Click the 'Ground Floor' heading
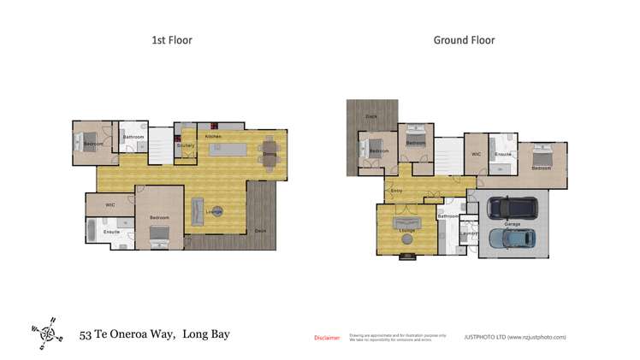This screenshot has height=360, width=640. pyautogui.click(x=464, y=40)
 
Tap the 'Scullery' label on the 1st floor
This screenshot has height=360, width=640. pyautogui.click(x=186, y=145)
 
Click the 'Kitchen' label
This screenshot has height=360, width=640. pyautogui.click(x=213, y=137)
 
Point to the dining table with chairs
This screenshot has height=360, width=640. pyautogui.click(x=270, y=154)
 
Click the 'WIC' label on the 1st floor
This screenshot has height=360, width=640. pyautogui.click(x=110, y=205)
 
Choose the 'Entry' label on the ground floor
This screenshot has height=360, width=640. pyautogui.click(x=397, y=191)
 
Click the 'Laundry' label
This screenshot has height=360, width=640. pyautogui.click(x=468, y=233)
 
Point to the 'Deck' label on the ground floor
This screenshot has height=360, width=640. pyautogui.click(x=371, y=116)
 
